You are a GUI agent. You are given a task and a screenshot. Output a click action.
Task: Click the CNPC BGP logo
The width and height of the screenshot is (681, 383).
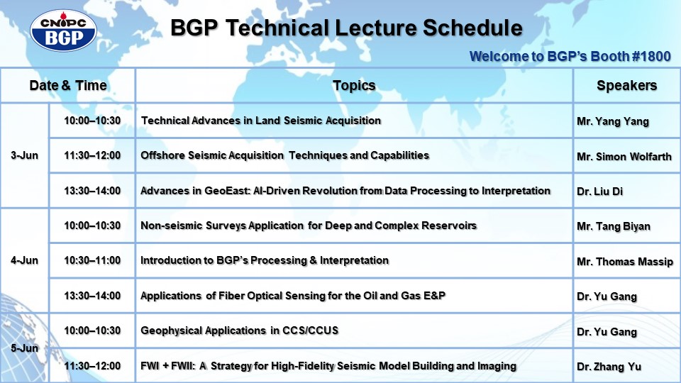click(63, 30)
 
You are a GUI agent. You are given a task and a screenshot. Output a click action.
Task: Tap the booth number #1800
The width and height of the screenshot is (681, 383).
click(651, 57)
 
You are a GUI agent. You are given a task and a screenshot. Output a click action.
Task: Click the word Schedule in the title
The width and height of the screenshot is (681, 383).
click(472, 28)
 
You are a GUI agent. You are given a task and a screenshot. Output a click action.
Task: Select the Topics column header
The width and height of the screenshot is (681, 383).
click(354, 86)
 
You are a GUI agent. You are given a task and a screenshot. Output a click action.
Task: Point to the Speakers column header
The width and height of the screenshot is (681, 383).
click(626, 86)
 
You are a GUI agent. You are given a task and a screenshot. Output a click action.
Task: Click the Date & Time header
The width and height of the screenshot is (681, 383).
click(68, 86)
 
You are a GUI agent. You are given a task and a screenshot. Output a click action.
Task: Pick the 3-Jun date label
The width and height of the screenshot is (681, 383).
click(24, 155)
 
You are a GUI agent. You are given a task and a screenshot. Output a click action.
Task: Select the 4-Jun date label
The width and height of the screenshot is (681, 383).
click(24, 260)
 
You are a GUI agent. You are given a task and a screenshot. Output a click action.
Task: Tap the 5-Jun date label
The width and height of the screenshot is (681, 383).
click(24, 348)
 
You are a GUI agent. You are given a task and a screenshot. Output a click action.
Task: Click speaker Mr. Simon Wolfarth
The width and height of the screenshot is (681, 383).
click(624, 157)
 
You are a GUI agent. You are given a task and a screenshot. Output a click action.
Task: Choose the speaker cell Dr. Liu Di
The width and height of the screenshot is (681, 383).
click(600, 191)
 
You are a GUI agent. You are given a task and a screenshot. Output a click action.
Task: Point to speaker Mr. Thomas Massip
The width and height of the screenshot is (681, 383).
click(625, 262)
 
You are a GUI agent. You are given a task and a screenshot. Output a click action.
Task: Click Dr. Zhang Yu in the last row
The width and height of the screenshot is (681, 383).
click(609, 367)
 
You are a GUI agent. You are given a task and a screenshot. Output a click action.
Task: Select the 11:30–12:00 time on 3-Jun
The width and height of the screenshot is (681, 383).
click(92, 155)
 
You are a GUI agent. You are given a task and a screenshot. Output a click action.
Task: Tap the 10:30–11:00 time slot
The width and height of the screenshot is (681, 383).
click(92, 260)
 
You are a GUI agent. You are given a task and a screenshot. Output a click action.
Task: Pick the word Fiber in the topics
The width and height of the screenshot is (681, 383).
click(231, 296)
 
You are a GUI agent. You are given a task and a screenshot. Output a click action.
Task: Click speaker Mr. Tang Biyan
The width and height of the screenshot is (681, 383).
click(614, 227)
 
